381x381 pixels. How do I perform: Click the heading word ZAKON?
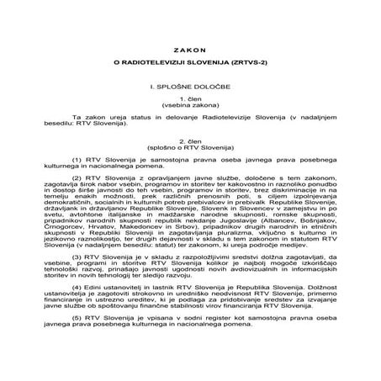pyautogui.click(x=190, y=49)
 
